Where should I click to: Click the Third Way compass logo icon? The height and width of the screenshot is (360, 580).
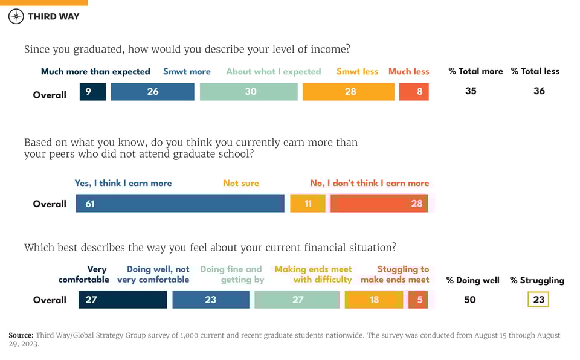[x=16, y=16]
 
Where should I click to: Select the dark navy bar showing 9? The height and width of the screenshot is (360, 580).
[x=92, y=92]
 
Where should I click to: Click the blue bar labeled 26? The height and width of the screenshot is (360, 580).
[x=153, y=92]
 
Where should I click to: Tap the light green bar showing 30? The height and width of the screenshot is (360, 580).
[x=248, y=92]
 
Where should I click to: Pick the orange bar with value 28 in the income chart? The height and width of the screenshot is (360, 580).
[x=349, y=92]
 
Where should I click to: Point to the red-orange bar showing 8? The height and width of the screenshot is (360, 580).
[x=414, y=92]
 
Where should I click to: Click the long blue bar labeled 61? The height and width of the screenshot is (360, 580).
[x=180, y=204]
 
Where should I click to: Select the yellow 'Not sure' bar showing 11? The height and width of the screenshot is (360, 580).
[x=308, y=204]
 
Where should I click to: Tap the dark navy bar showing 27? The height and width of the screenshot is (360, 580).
[x=123, y=300]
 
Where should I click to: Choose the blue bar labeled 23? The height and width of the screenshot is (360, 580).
[x=211, y=300]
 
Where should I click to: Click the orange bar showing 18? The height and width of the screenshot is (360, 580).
[x=374, y=300]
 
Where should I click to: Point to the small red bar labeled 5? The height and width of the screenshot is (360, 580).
[x=418, y=300]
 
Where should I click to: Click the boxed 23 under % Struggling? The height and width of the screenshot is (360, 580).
[x=538, y=300]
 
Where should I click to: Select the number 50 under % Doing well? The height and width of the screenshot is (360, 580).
[x=470, y=300]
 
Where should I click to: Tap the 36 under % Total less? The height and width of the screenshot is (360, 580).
[x=539, y=91]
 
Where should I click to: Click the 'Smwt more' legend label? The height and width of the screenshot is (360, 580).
[x=187, y=71]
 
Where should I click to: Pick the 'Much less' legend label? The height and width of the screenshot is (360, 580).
[x=408, y=71]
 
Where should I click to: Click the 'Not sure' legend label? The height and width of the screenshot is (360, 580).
[x=240, y=183]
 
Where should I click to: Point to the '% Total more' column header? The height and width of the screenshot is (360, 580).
[x=475, y=71]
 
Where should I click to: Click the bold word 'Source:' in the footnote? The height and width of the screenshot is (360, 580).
[x=21, y=335]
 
